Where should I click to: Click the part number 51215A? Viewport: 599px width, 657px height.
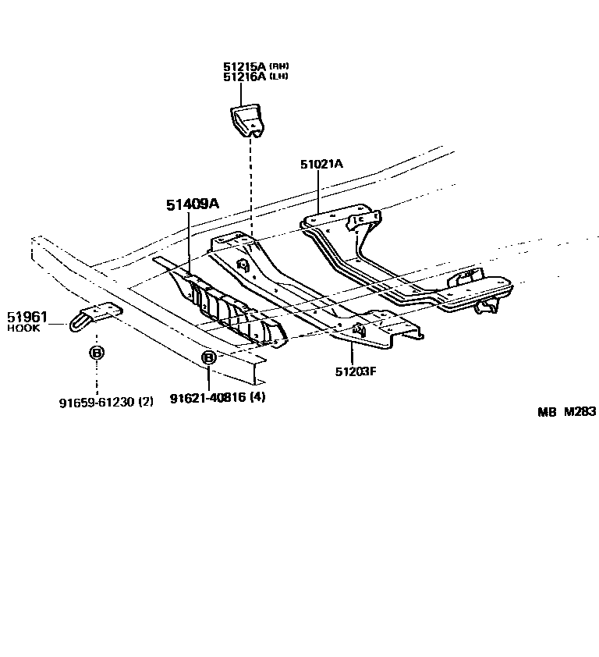pos(244,66)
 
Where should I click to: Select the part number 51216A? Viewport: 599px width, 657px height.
pos(244,76)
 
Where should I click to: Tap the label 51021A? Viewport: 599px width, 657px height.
pos(321,164)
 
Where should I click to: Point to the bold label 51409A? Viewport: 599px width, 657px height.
pos(192,204)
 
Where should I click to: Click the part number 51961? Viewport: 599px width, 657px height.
pos(27,317)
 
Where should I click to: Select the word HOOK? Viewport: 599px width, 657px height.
pos(23,328)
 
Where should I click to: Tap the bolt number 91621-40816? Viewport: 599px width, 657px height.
pos(207,397)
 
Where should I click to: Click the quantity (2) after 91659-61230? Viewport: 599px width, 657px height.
pos(146,402)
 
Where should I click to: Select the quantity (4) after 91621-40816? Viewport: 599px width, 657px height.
pos(257,397)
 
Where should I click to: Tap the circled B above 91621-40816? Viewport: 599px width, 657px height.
pos(209,358)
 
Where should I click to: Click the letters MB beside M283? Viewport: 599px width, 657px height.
pos(545,413)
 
